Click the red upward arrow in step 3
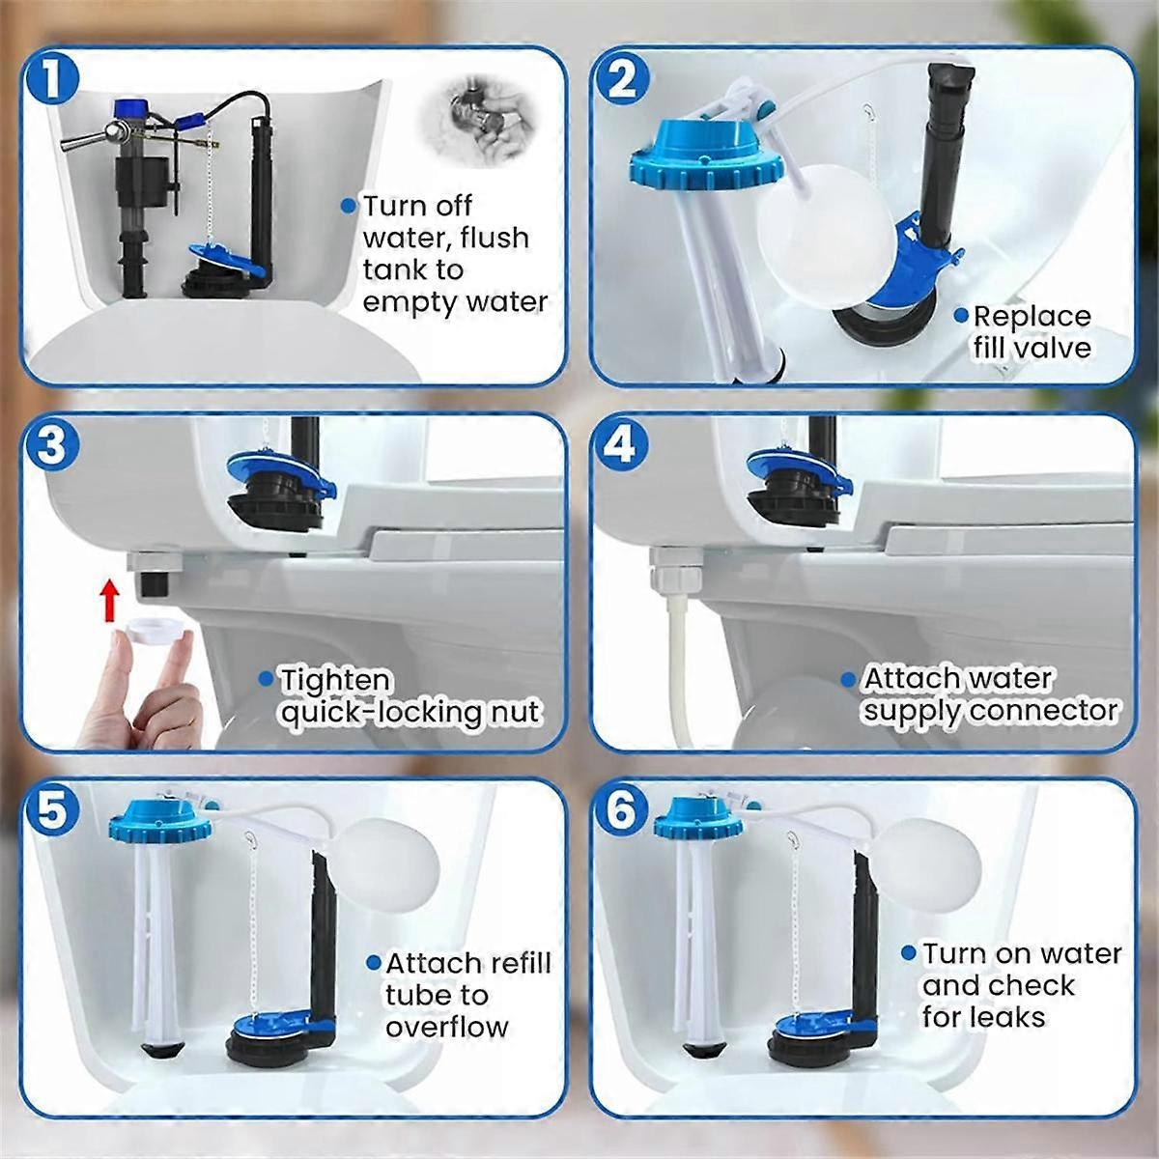[x=110, y=600]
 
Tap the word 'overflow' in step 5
[x=446, y=1026]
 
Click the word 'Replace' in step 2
[x=1032, y=317]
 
